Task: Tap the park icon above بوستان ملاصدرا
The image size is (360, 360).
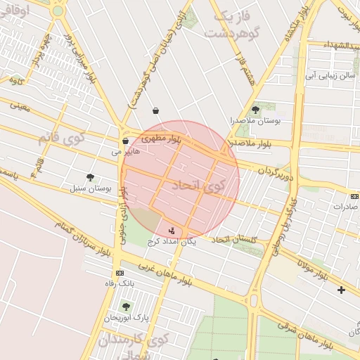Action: (255, 109)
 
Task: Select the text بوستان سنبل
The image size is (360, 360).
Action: (86, 188)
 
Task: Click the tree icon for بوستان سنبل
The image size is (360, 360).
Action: (89, 177)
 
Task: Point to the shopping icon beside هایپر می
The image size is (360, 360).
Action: (125, 140)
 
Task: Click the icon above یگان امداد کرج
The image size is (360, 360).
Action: (172, 230)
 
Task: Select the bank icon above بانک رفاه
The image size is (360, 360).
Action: (120, 273)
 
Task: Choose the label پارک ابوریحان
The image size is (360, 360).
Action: (122, 318)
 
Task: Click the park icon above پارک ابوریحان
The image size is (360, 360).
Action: (126, 307)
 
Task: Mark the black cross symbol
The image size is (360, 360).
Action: (342, 290)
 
